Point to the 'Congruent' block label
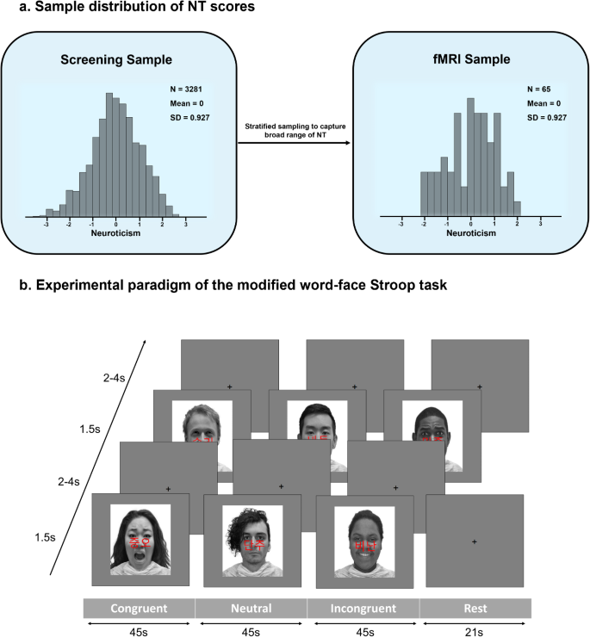pos(139,609)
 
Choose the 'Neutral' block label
pos(251,609)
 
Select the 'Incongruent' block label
pos(363,609)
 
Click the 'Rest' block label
pos(475,609)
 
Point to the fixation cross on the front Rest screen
pos(475,541)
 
